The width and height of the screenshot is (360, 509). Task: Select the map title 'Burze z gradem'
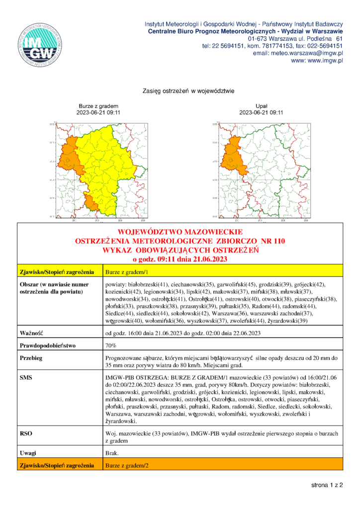tap(98, 106)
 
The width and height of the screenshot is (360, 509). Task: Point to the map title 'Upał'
tap(261, 106)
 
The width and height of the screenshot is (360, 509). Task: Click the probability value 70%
tap(111, 345)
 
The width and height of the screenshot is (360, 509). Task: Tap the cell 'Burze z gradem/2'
tap(127, 466)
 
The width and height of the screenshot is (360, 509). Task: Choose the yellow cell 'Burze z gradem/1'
tap(127, 272)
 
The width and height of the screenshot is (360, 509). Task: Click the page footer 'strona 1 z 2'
tap(327, 484)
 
